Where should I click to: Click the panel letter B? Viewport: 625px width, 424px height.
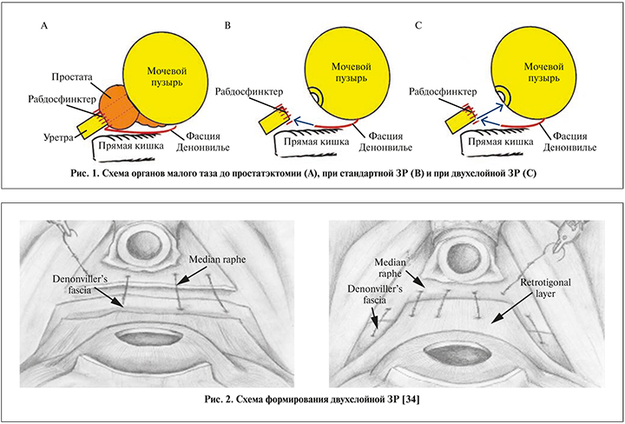[227, 27]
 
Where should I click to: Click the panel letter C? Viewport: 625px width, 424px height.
[419, 27]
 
